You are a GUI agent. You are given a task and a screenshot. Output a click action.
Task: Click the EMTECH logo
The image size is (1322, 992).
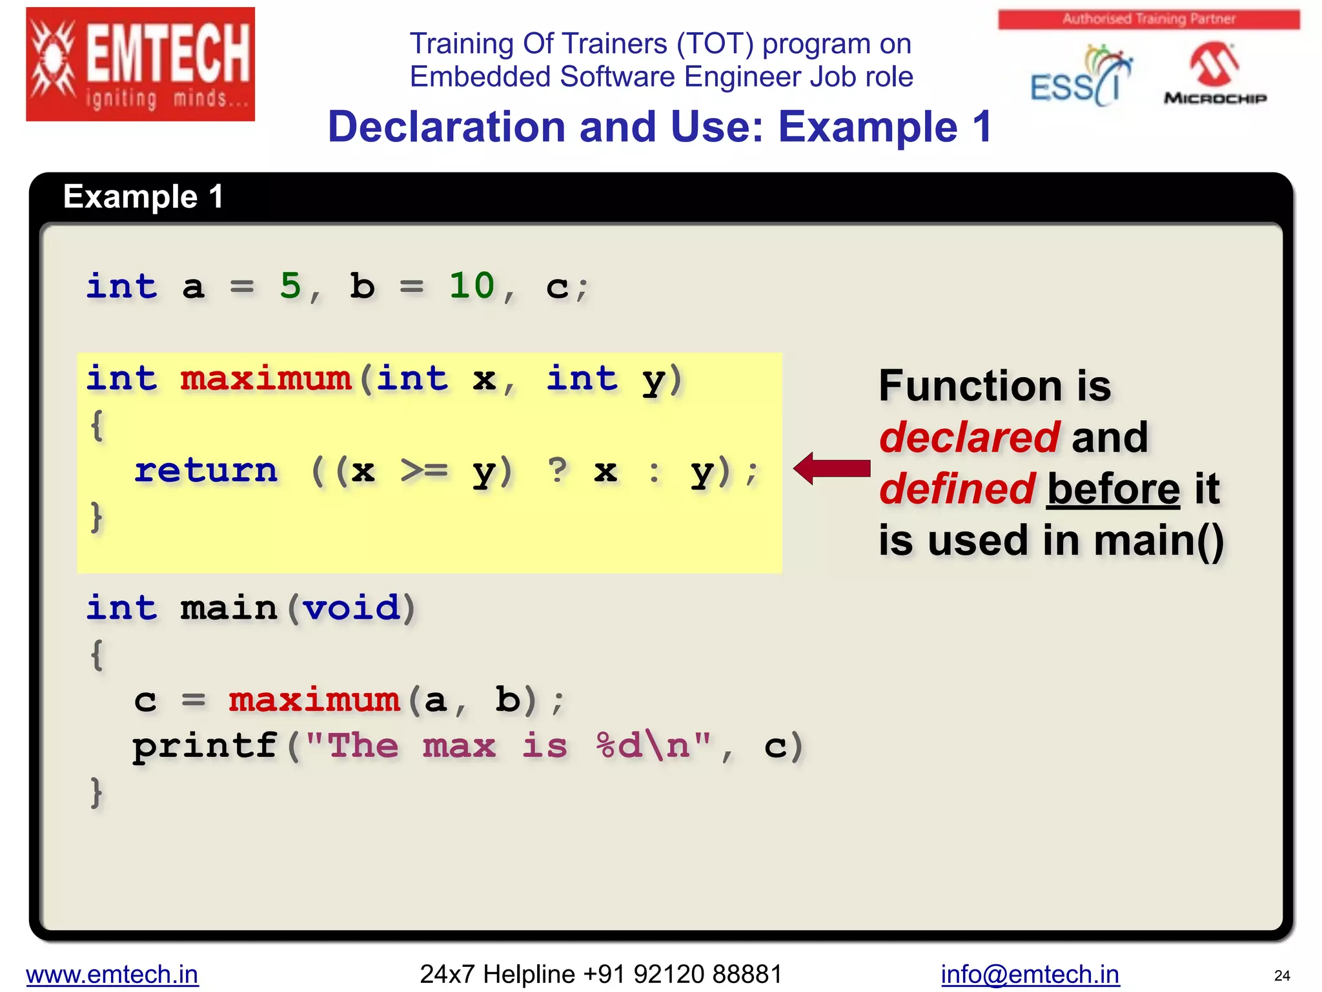(x=140, y=64)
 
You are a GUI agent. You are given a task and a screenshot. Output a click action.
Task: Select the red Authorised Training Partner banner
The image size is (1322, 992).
(x=1148, y=19)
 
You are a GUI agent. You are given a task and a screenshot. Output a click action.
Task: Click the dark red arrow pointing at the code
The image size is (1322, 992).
(x=832, y=468)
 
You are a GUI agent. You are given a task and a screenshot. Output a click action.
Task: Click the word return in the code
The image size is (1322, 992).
(x=206, y=470)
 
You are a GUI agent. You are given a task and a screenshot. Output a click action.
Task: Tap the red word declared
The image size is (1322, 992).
(x=968, y=437)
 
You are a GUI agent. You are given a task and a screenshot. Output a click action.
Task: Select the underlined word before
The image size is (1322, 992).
(x=1113, y=489)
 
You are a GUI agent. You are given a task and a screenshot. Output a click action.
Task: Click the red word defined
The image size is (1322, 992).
(x=957, y=489)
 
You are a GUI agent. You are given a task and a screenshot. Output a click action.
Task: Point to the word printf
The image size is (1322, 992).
(x=205, y=746)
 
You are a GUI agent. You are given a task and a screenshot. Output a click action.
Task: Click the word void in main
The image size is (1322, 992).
(x=351, y=608)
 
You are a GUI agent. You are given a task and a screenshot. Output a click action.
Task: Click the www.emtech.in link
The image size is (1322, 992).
(x=112, y=974)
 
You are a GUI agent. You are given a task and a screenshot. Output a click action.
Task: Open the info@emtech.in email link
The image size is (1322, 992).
(x=1030, y=974)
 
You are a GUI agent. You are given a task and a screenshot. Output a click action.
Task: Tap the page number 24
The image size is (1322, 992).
(x=1282, y=975)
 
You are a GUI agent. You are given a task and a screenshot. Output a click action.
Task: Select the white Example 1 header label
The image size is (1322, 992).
(x=143, y=196)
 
